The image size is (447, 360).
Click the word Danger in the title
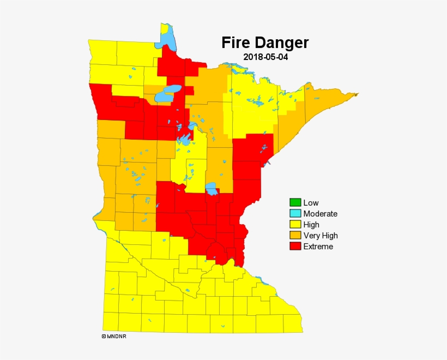(x=282, y=43)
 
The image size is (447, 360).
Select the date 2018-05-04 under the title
(x=265, y=57)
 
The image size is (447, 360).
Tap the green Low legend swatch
(x=295, y=203)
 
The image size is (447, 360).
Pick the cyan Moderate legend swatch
(x=295, y=214)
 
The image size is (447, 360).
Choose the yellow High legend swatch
(x=295, y=225)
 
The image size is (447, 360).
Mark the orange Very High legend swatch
(x=295, y=236)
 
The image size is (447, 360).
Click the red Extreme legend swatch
(x=295, y=247)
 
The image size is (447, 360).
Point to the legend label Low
(x=311, y=203)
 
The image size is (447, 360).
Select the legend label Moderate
(x=320, y=214)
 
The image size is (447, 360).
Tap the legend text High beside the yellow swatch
(x=311, y=225)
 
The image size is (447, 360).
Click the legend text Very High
(x=321, y=236)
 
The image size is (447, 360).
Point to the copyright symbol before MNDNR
(x=104, y=337)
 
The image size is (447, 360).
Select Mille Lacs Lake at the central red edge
(x=212, y=189)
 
